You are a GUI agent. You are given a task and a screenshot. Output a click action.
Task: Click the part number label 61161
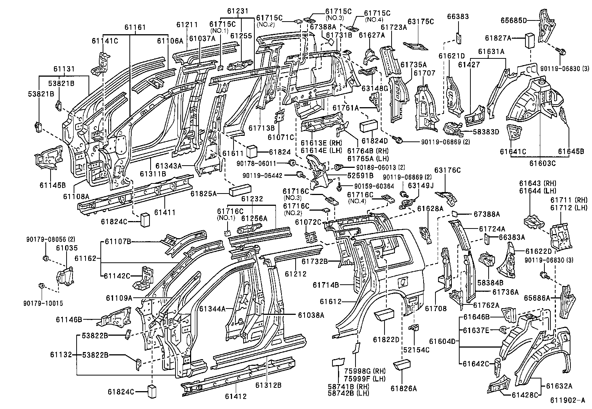pos(135,27)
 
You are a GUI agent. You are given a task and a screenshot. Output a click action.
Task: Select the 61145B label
pos(52,185)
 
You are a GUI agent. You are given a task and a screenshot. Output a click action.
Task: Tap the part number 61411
pos(165,213)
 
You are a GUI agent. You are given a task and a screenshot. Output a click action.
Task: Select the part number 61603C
pos(543,163)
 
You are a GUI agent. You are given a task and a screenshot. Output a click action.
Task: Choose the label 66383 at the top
pos(458,17)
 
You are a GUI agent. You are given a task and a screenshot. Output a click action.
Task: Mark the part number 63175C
pos(421,22)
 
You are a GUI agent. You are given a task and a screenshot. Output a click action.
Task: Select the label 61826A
pos(403,389)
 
